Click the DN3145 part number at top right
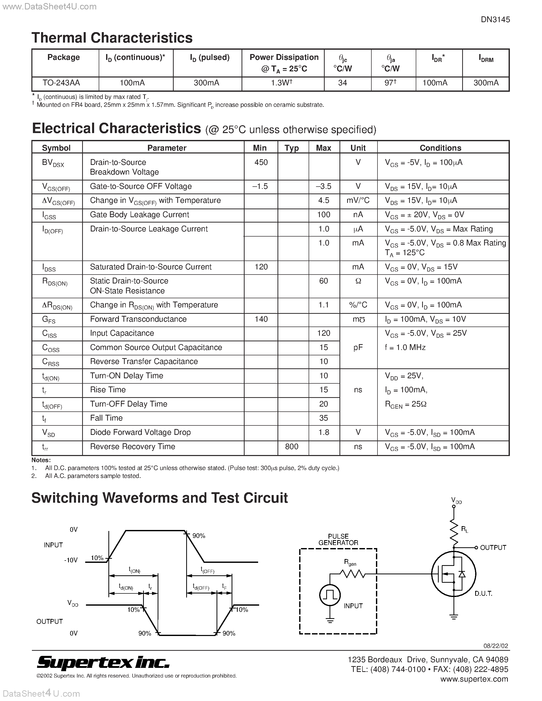pyautogui.click(x=495, y=20)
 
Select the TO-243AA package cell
pyautogui.click(x=61, y=83)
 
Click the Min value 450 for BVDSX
pyautogui.click(x=261, y=162)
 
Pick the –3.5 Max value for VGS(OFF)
pyautogui.click(x=323, y=187)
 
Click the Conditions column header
pyautogui.click(x=440, y=148)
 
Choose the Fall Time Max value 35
pyautogui.click(x=323, y=418)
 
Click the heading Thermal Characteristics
pyautogui.click(x=112, y=38)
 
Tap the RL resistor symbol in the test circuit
pyautogui.click(x=454, y=530)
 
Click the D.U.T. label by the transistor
pyautogui.click(x=483, y=593)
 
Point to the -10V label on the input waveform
pyautogui.click(x=71, y=560)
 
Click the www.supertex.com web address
pyautogui.click(x=474, y=679)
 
